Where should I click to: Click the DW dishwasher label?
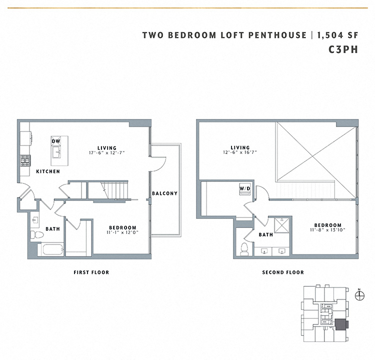56,141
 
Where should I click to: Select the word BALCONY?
164,193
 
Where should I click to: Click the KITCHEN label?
48,171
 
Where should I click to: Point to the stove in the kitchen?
25,161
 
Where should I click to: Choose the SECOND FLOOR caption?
283,272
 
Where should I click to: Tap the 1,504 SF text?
340,35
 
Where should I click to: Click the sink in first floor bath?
35,219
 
